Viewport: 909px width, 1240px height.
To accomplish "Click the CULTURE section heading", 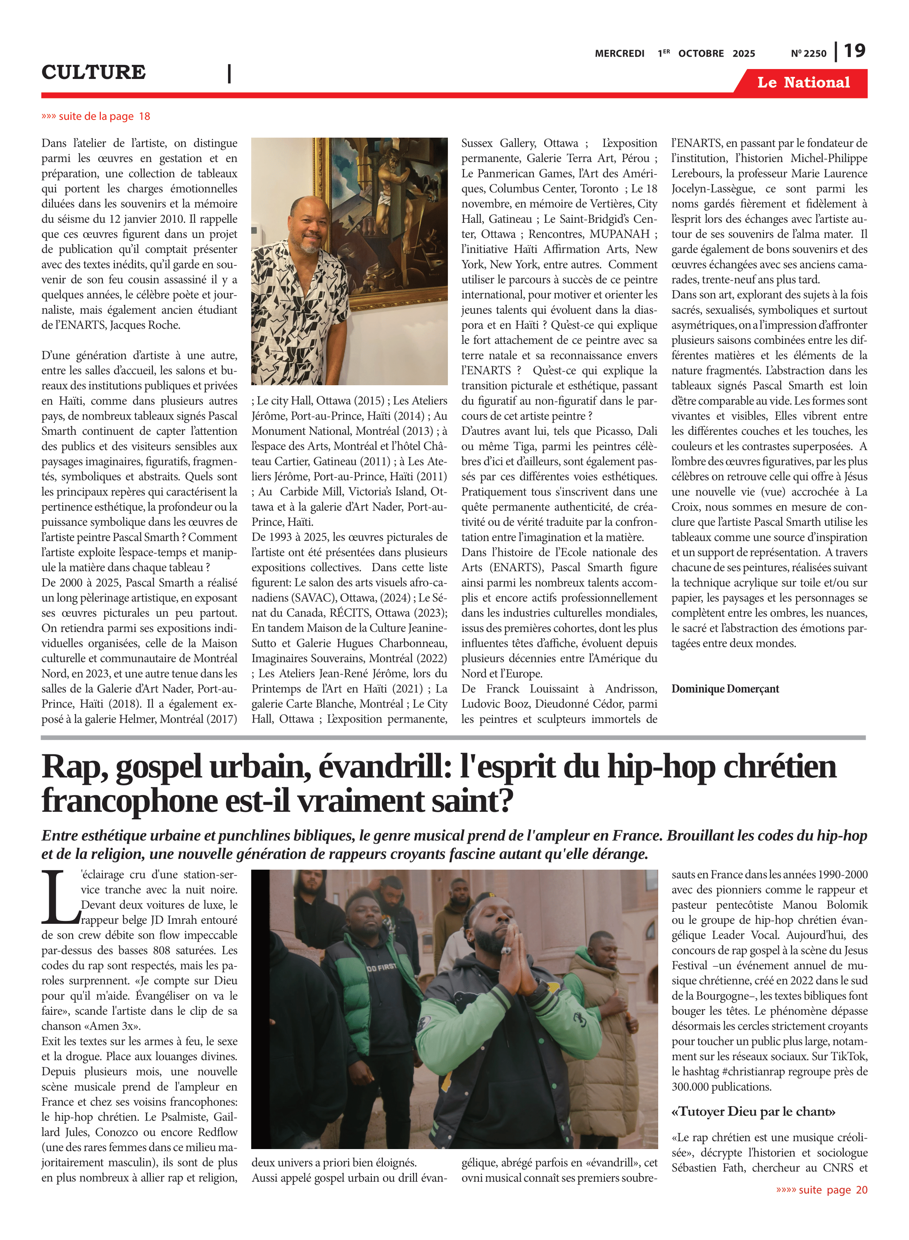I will click(93, 72).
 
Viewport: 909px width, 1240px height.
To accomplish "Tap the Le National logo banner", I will click(803, 83).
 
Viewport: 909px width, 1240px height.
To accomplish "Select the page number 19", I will click(854, 51).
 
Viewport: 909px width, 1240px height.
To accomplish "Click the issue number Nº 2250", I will click(808, 53).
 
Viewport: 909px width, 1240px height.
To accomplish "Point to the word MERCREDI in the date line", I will click(619, 53).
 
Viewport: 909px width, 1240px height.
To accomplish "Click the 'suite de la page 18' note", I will click(96, 116).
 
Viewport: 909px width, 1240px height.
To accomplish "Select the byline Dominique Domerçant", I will click(725, 689).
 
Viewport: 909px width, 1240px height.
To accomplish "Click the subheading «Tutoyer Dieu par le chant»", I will click(753, 1111).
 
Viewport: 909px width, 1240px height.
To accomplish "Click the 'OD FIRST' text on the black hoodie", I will click(381, 967).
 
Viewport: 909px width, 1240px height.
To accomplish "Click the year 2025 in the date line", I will click(743, 53).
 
